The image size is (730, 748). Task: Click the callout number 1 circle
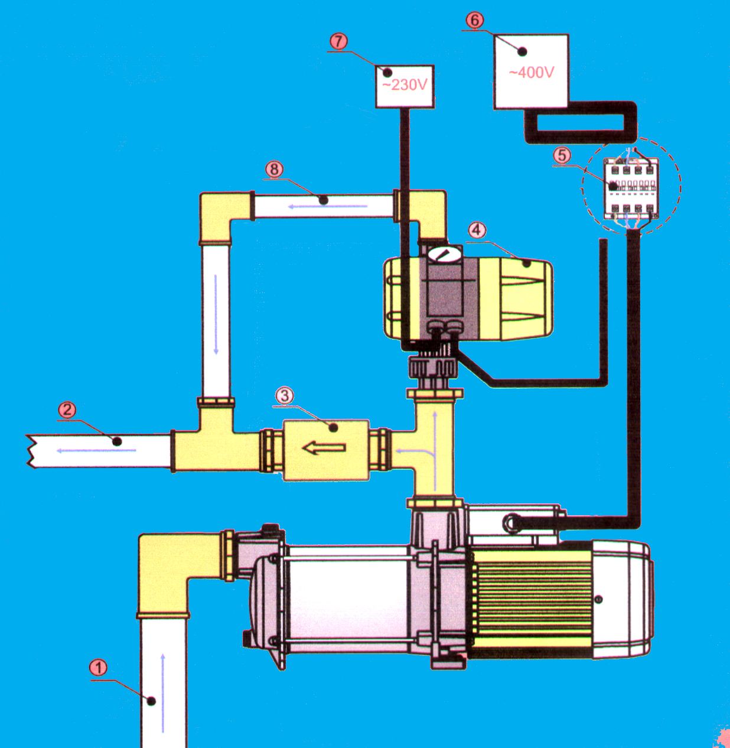click(99, 668)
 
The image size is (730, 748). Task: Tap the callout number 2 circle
click(67, 410)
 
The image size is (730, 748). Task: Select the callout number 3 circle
click(285, 395)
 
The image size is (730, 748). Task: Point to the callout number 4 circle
click(477, 230)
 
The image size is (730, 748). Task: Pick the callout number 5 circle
click(562, 155)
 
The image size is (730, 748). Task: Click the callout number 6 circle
click(475, 20)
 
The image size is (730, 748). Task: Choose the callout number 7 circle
click(338, 41)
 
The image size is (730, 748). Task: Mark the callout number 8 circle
click(274, 169)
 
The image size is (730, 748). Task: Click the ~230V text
click(405, 85)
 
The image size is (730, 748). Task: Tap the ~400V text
click(532, 72)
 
